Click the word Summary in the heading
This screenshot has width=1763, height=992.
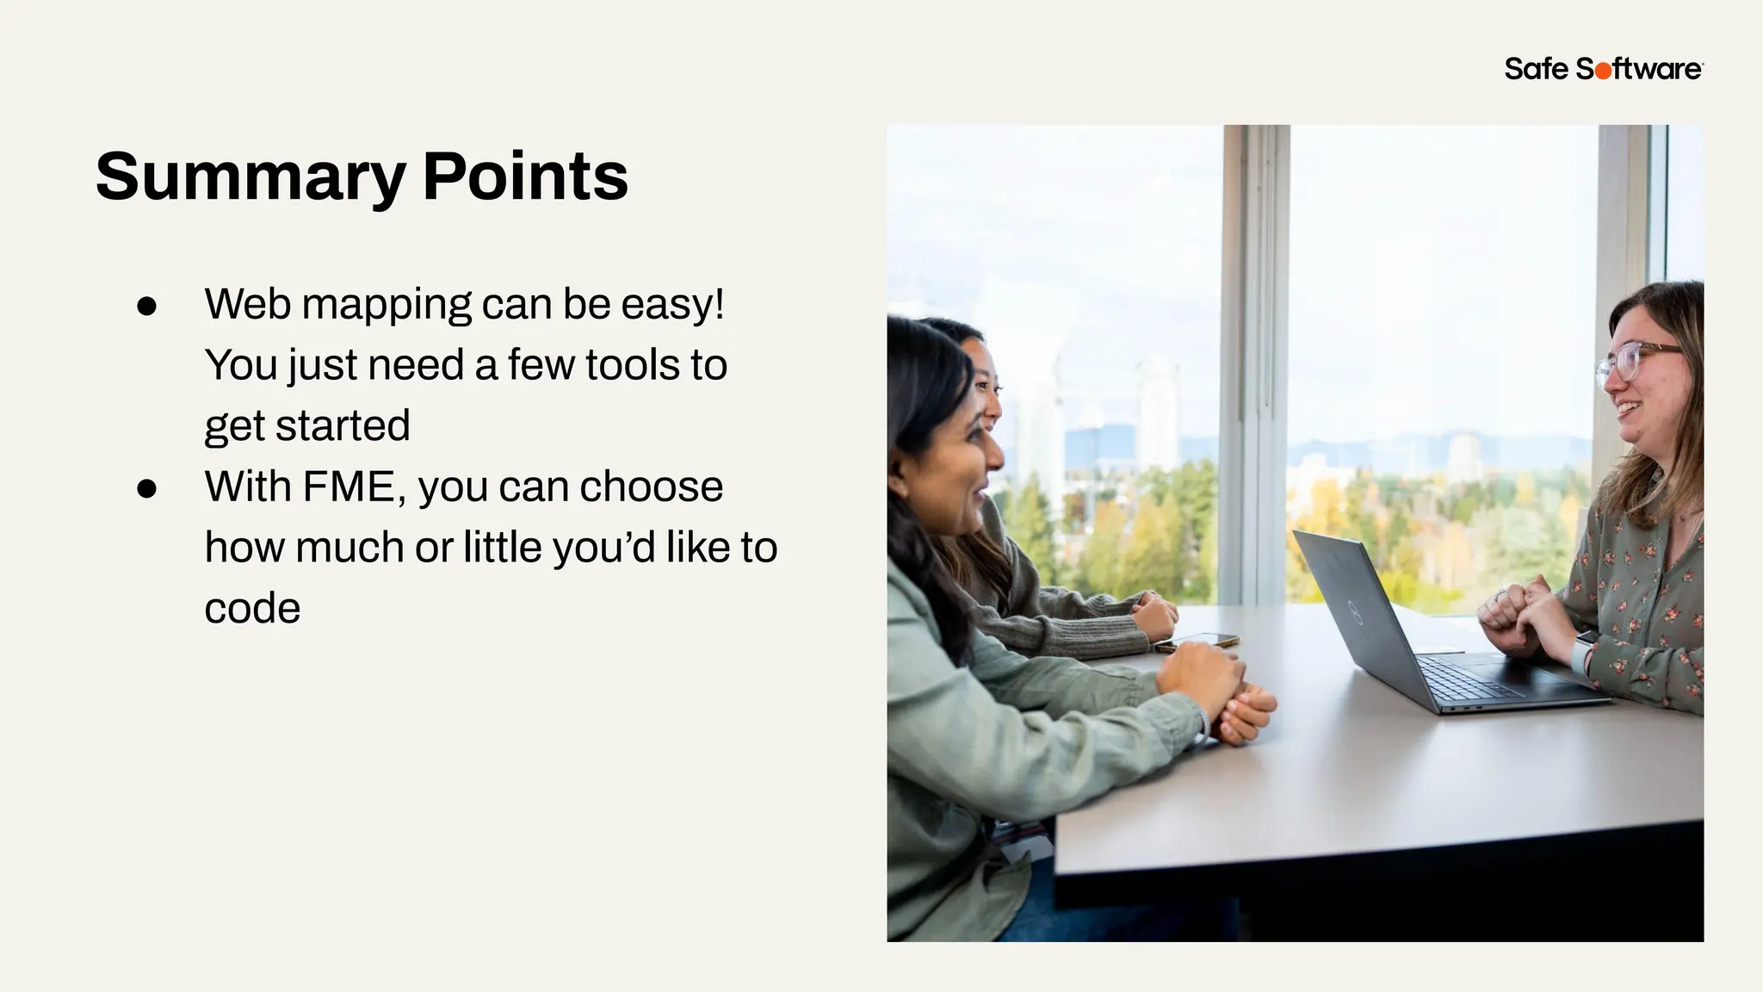click(x=250, y=177)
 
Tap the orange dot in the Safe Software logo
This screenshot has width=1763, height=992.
click(x=1603, y=71)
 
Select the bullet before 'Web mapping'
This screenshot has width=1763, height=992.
click(x=146, y=307)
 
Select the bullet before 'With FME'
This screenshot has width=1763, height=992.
click(x=146, y=489)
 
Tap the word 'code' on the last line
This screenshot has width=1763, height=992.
click(x=252, y=609)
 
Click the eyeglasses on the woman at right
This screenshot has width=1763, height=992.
click(x=1631, y=360)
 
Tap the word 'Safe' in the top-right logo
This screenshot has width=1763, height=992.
click(x=1537, y=69)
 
